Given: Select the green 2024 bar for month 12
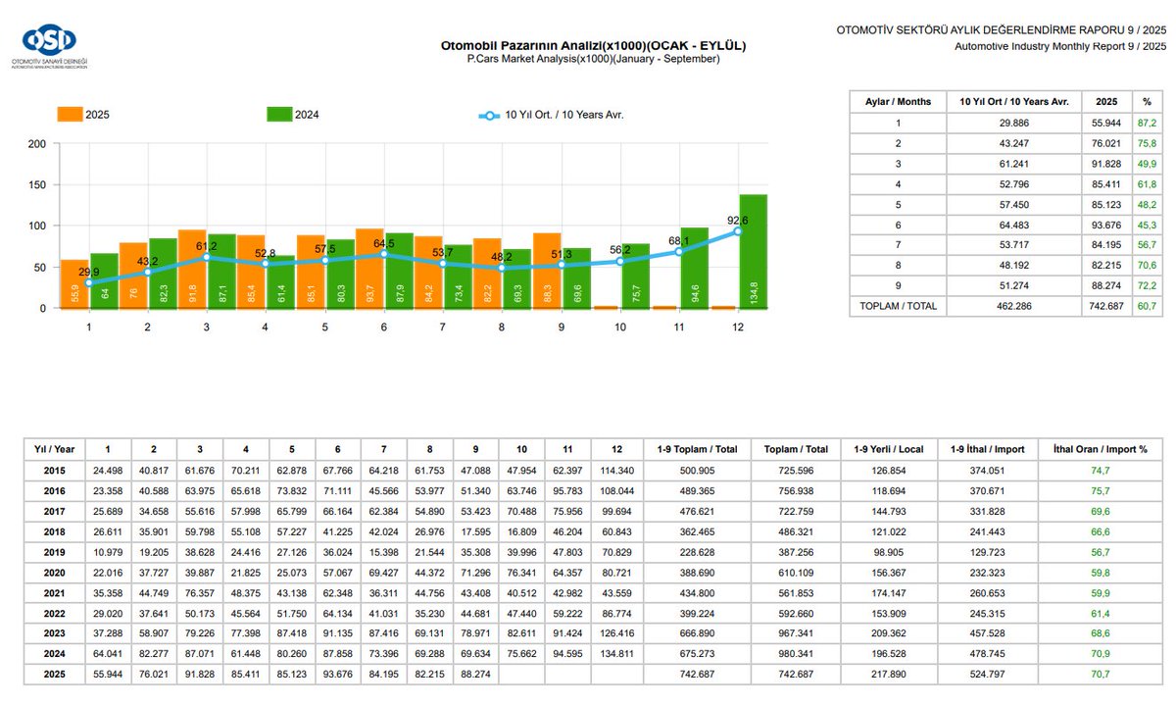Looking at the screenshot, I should pos(753,251).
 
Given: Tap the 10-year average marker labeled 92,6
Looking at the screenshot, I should pos(738,231).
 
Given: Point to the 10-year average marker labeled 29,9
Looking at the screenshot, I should pos(89,283).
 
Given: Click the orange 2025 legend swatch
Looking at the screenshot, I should pos(70,115).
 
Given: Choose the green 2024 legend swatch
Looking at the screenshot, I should pos(279,115).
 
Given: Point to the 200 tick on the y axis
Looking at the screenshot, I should pos(36,144).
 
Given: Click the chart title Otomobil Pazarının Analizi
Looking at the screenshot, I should pos(593,45).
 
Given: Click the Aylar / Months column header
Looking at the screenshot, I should pos(898,102).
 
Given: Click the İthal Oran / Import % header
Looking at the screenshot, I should pos(1101,449).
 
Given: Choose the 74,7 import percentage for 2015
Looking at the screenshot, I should pos(1101,470).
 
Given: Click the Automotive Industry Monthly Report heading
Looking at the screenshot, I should pos(1061,46).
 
